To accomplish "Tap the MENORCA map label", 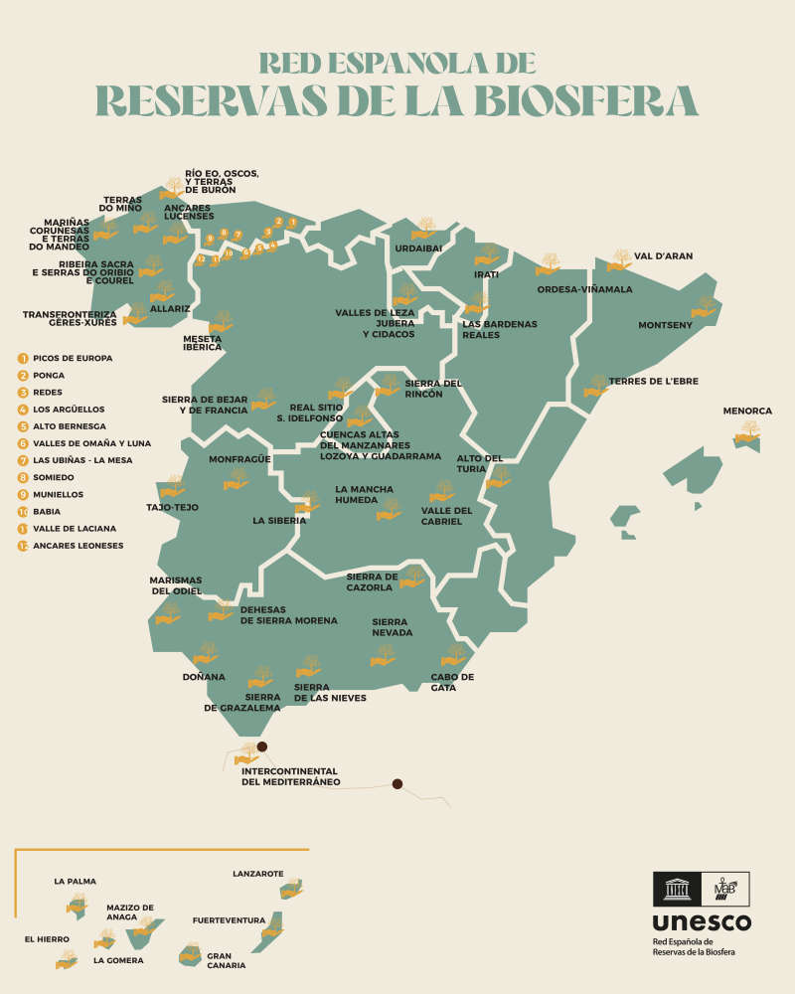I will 747,411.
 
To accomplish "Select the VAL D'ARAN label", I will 663,255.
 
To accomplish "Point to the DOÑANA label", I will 204,677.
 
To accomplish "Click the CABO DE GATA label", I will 452,682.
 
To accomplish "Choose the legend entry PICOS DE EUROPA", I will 73,358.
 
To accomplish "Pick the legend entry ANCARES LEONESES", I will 78,546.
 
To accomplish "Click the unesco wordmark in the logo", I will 702,922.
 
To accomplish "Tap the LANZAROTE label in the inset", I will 257,874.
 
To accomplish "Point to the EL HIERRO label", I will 45,937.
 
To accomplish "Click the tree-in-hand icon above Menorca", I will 748,430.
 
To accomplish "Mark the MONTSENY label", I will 665,325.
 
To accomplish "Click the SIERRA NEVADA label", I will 392,627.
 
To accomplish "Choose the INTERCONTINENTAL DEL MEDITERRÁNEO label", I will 290,776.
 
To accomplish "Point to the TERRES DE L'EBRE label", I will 653,381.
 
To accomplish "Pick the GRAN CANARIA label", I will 226,960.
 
